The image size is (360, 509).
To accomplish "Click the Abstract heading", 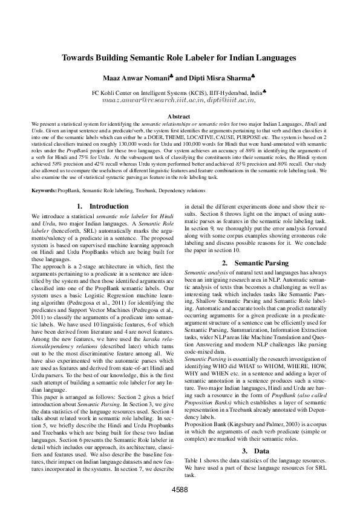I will pyautogui.click(x=179, y=115).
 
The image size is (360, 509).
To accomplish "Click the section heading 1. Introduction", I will pyautogui.click(x=102, y=206).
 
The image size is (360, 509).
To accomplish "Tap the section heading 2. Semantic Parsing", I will pyautogui.click(x=254, y=263).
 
